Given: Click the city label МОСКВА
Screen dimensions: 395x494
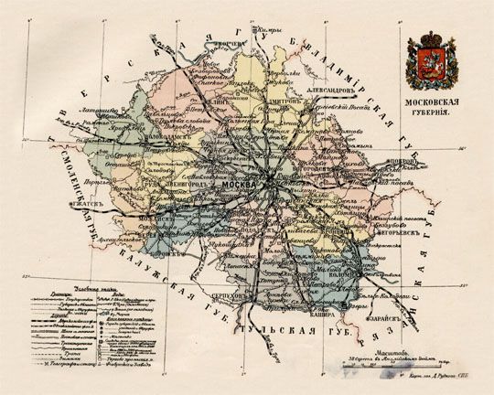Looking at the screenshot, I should pyautogui.click(x=240, y=184).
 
